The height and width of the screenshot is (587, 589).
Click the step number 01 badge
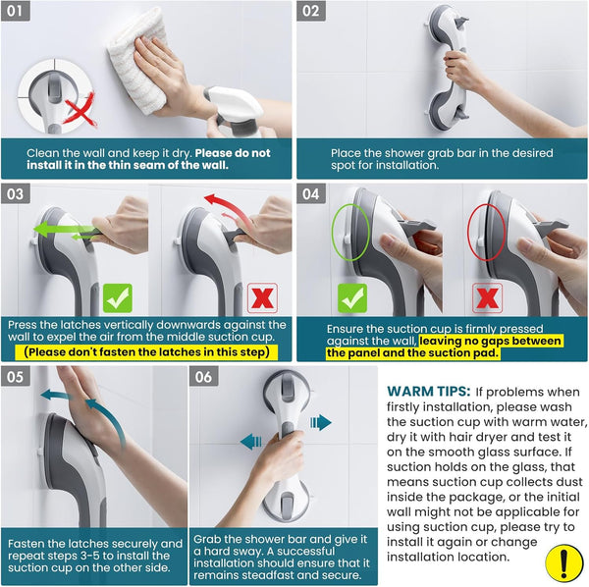coord(16,11)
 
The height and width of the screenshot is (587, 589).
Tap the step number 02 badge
coord(311,11)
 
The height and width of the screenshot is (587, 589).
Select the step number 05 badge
coord(16,377)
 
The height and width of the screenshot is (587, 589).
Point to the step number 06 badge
coord(203,377)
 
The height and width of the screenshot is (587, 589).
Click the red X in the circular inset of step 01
coord(80,110)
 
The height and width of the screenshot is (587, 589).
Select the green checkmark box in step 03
coord(118,298)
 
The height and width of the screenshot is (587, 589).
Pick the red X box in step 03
coord(262,298)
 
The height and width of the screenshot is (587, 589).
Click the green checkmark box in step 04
coord(352,298)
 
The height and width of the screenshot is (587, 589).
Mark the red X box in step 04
coord(487,298)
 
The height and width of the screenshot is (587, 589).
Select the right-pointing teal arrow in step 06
coord(321,422)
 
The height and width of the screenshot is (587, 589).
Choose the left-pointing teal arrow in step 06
coord(251,442)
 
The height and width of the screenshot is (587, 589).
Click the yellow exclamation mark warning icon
coord(563,563)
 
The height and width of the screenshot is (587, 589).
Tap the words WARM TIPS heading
coord(429,392)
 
